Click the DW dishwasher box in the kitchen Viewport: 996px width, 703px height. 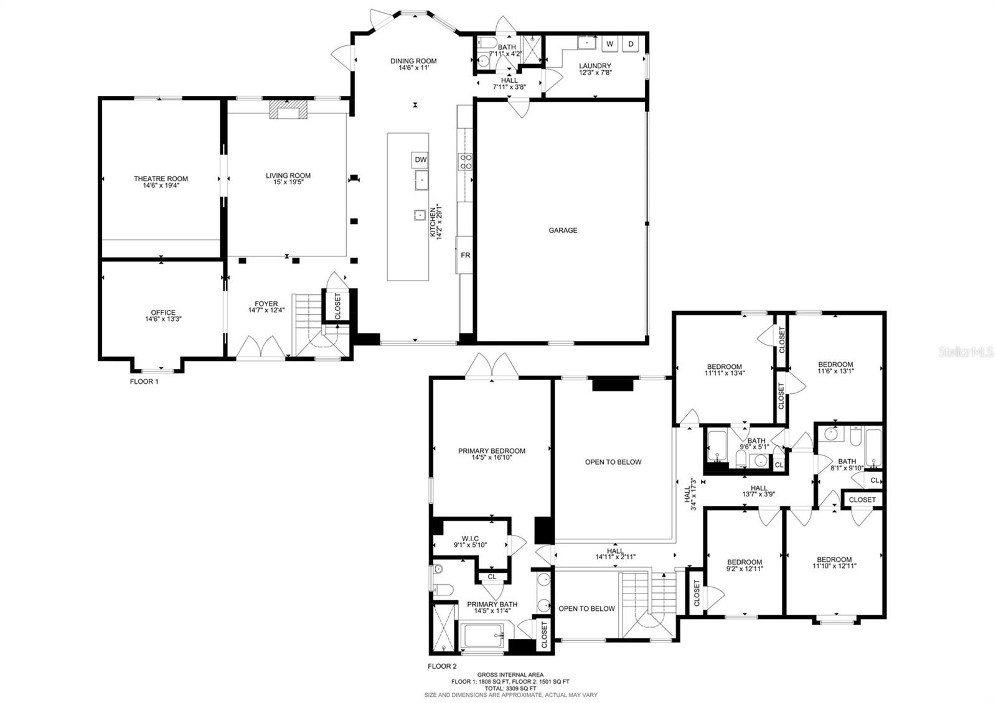pos(421,160)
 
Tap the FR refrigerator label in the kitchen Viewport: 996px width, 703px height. pos(465,255)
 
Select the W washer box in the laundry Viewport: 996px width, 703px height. pos(610,44)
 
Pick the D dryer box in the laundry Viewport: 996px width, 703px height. pos(631,44)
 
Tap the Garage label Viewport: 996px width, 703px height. pos(563,230)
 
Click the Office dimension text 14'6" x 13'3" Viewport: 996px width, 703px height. pos(163,319)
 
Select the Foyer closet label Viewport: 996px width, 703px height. pos(337,306)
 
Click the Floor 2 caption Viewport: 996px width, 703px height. pos(442,666)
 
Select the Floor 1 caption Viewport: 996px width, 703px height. pos(144,381)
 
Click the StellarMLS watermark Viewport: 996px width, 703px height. pos(968,352)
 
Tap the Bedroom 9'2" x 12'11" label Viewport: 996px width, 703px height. pos(745,565)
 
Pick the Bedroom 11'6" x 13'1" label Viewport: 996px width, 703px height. pos(835,368)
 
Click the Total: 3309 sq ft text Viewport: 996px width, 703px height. pos(510,689)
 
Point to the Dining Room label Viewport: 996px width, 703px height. pos(413,64)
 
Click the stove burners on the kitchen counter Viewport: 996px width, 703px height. pos(465,162)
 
